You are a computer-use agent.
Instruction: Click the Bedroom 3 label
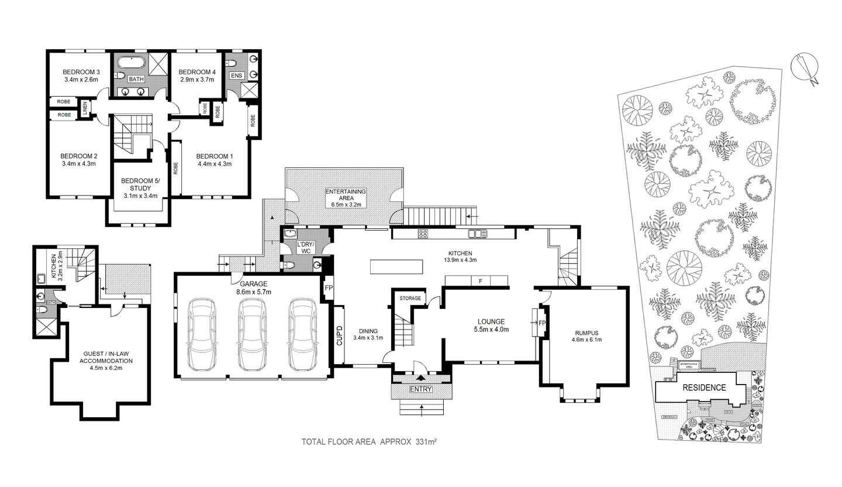click(80, 71)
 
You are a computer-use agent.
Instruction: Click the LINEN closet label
click(85, 109)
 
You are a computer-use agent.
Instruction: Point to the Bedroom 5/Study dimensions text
click(136, 196)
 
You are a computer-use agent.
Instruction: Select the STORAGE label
click(410, 299)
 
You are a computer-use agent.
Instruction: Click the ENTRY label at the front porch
click(421, 389)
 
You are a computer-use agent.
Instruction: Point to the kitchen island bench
click(396, 267)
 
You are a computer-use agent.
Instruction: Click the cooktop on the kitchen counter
click(422, 234)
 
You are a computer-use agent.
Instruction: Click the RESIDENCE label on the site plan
click(704, 387)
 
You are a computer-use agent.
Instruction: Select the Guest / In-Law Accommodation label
click(106, 357)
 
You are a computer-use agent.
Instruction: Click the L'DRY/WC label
click(305, 247)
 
